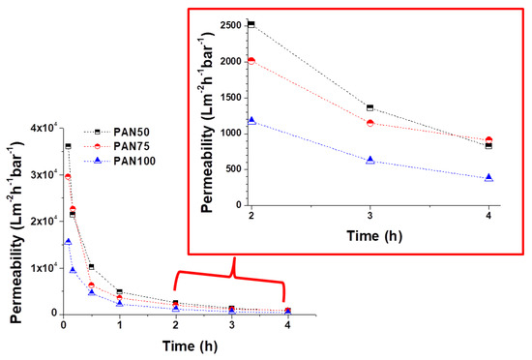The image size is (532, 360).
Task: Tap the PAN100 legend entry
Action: (120, 161)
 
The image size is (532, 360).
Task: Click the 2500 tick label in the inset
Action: (231, 26)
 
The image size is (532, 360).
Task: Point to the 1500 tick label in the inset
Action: (231, 98)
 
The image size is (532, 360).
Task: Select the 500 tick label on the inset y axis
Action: (233, 169)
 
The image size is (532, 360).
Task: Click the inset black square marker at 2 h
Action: (251, 24)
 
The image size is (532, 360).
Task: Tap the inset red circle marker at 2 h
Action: (251, 61)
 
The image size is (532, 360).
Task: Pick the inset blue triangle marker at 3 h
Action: (370, 160)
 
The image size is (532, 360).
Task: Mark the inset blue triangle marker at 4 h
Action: (488, 178)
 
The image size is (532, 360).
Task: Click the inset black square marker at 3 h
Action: (370, 107)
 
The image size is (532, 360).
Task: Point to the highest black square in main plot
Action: (69, 146)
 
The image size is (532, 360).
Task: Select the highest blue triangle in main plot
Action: (69, 242)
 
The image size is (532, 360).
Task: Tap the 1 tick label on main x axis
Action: (119, 325)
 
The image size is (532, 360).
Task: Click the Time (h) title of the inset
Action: (374, 236)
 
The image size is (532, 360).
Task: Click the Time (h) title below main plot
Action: (190, 346)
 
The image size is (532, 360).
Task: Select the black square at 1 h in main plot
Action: (119, 292)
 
